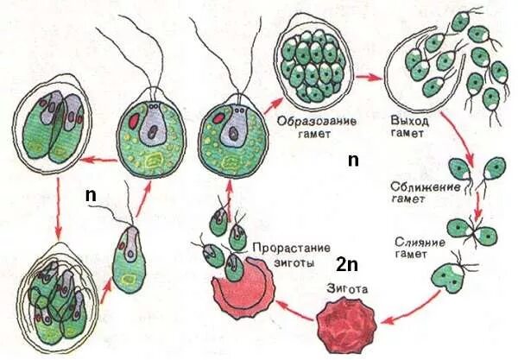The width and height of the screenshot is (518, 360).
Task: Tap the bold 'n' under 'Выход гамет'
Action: (x=351, y=161)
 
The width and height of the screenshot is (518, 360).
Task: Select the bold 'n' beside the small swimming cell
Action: (x=91, y=194)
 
